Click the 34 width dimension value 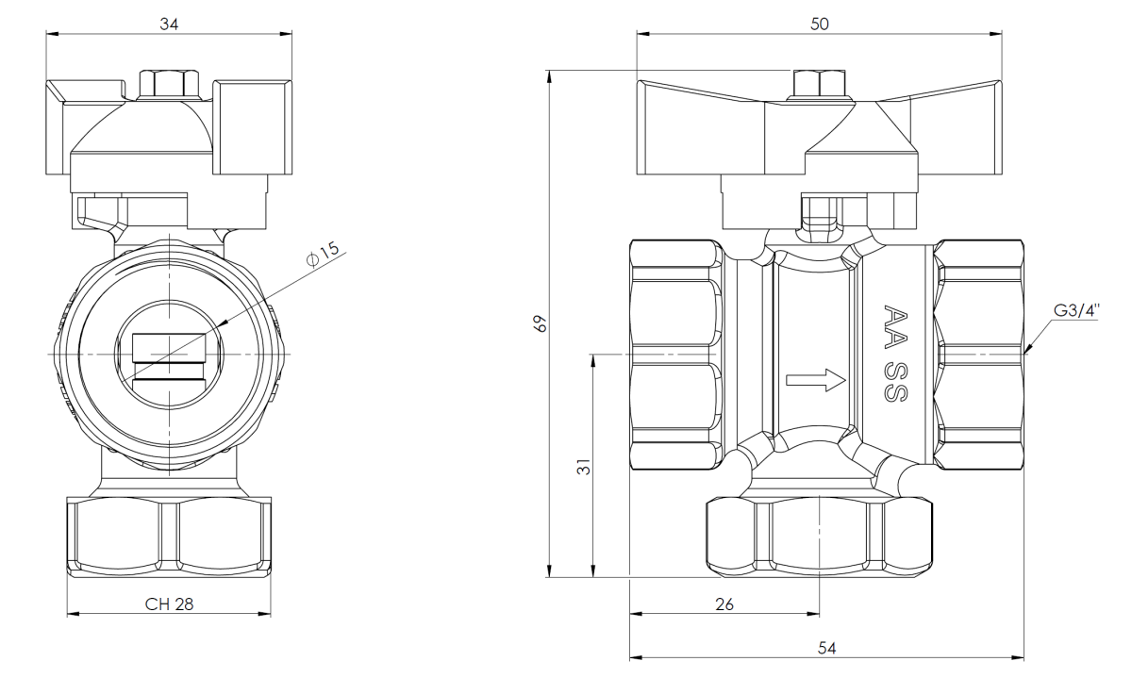point(169,24)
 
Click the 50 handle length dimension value point(819,24)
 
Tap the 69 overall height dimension point(541,323)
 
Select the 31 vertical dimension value point(584,467)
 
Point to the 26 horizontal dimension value point(724,604)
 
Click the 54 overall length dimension point(826,648)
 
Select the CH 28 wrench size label point(169,604)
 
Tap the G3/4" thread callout point(1076,310)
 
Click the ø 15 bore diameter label point(323,253)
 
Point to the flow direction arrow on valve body point(816,380)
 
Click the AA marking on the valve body point(895,327)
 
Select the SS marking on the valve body point(895,383)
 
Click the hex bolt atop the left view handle point(169,84)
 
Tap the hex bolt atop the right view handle point(819,84)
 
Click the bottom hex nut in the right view point(819,537)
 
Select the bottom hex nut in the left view point(169,537)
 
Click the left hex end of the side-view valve point(677,355)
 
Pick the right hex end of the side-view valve point(979,355)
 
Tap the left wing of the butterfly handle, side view point(700,128)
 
